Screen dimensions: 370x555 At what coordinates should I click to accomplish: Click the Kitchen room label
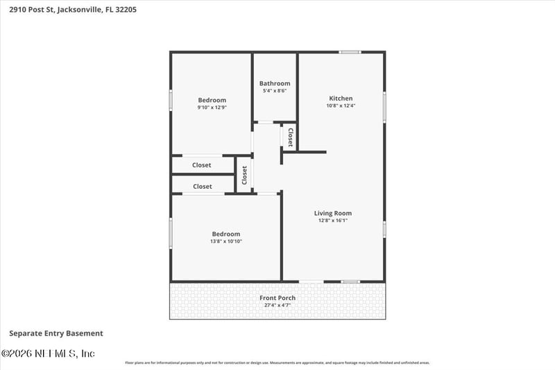(x=341, y=99)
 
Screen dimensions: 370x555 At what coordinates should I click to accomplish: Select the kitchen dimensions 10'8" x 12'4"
(x=341, y=106)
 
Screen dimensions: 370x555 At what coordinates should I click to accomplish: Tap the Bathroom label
(x=275, y=83)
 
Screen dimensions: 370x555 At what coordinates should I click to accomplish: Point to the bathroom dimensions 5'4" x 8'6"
(x=275, y=91)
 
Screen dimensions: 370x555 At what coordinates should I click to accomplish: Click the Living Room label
(x=333, y=213)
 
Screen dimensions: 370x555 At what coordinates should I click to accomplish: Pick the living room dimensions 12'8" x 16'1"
(x=333, y=221)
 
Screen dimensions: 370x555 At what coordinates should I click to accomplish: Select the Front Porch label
(x=277, y=298)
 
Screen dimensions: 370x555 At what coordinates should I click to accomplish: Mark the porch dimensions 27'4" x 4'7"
(x=277, y=305)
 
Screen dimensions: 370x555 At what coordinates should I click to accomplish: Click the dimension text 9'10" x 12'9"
(x=212, y=108)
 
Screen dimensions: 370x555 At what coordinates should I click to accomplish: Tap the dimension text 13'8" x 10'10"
(x=226, y=242)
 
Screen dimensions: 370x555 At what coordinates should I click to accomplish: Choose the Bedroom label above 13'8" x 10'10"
(x=226, y=234)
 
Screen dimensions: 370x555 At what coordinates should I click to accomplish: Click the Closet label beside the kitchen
(x=290, y=136)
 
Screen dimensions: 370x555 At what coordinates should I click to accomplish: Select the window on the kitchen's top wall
(x=350, y=52)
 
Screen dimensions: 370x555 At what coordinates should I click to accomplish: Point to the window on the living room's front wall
(x=350, y=281)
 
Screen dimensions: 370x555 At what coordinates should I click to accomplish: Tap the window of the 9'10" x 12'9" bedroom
(x=171, y=100)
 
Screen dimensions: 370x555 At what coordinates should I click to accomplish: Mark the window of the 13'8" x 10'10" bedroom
(x=171, y=233)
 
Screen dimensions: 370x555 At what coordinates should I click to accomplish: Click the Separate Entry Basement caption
(x=56, y=333)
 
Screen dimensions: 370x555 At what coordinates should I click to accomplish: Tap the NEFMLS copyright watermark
(x=48, y=354)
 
